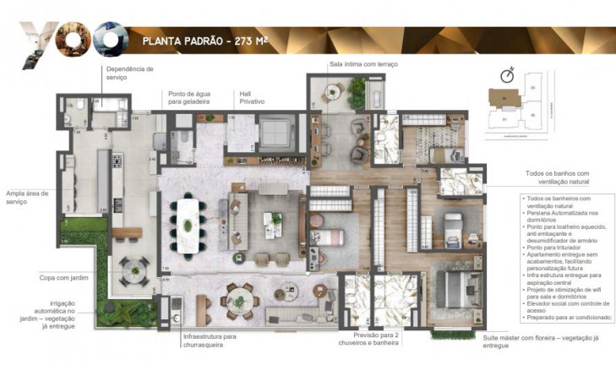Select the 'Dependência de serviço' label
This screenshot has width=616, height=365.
coord(128,73)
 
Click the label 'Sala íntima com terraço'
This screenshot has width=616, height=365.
coord(363,64)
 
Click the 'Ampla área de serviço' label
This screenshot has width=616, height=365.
coord(26,197)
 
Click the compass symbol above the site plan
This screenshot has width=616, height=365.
coord(507,74)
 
